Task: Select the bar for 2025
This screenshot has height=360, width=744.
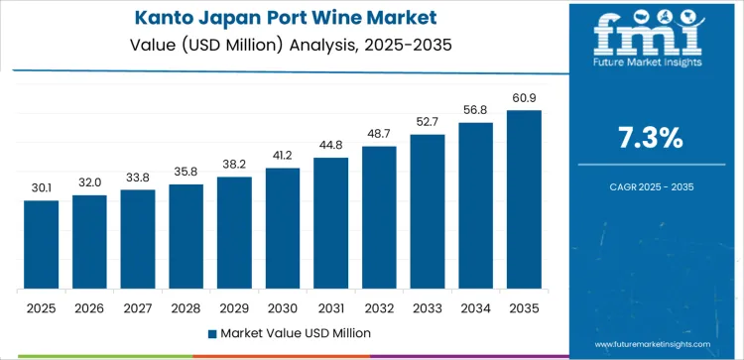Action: [x=42, y=245]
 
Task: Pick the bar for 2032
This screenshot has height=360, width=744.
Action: [x=378, y=217]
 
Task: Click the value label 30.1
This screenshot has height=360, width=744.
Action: [x=42, y=187]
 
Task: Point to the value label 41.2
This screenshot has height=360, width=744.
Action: [x=282, y=155]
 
